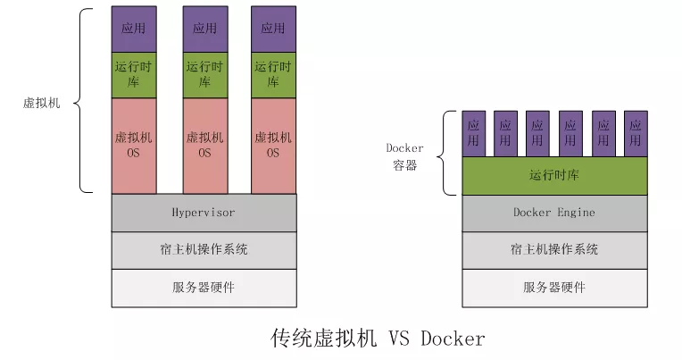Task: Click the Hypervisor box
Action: (204, 213)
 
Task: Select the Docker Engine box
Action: (554, 213)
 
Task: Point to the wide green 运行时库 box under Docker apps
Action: (554, 176)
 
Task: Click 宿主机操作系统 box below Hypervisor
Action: (204, 250)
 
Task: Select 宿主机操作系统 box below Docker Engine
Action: (554, 250)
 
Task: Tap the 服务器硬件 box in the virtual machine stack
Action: (204, 287)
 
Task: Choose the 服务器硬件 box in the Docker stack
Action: (554, 287)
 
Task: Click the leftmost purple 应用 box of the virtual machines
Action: (134, 29)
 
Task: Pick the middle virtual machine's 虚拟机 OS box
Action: (205, 146)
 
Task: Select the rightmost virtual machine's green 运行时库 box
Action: (273, 75)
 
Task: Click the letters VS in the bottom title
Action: (398, 339)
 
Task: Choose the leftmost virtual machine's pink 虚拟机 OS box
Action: (134, 146)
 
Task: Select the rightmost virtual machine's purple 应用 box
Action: (273, 29)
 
